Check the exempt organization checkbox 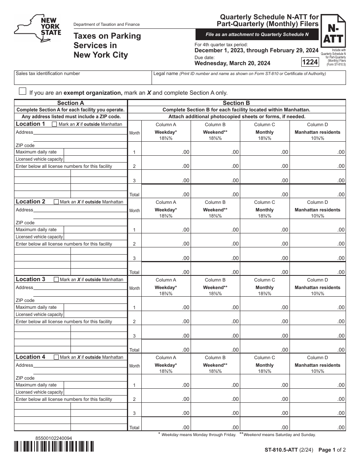23,91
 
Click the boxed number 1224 310,62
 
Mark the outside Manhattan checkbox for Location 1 55,124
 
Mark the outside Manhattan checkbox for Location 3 56,280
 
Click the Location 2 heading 30,202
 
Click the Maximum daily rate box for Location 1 95,152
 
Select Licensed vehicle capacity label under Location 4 39,392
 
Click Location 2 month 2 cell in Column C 265,243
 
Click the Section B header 236,103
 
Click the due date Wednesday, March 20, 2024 232,63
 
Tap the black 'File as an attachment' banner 257,34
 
